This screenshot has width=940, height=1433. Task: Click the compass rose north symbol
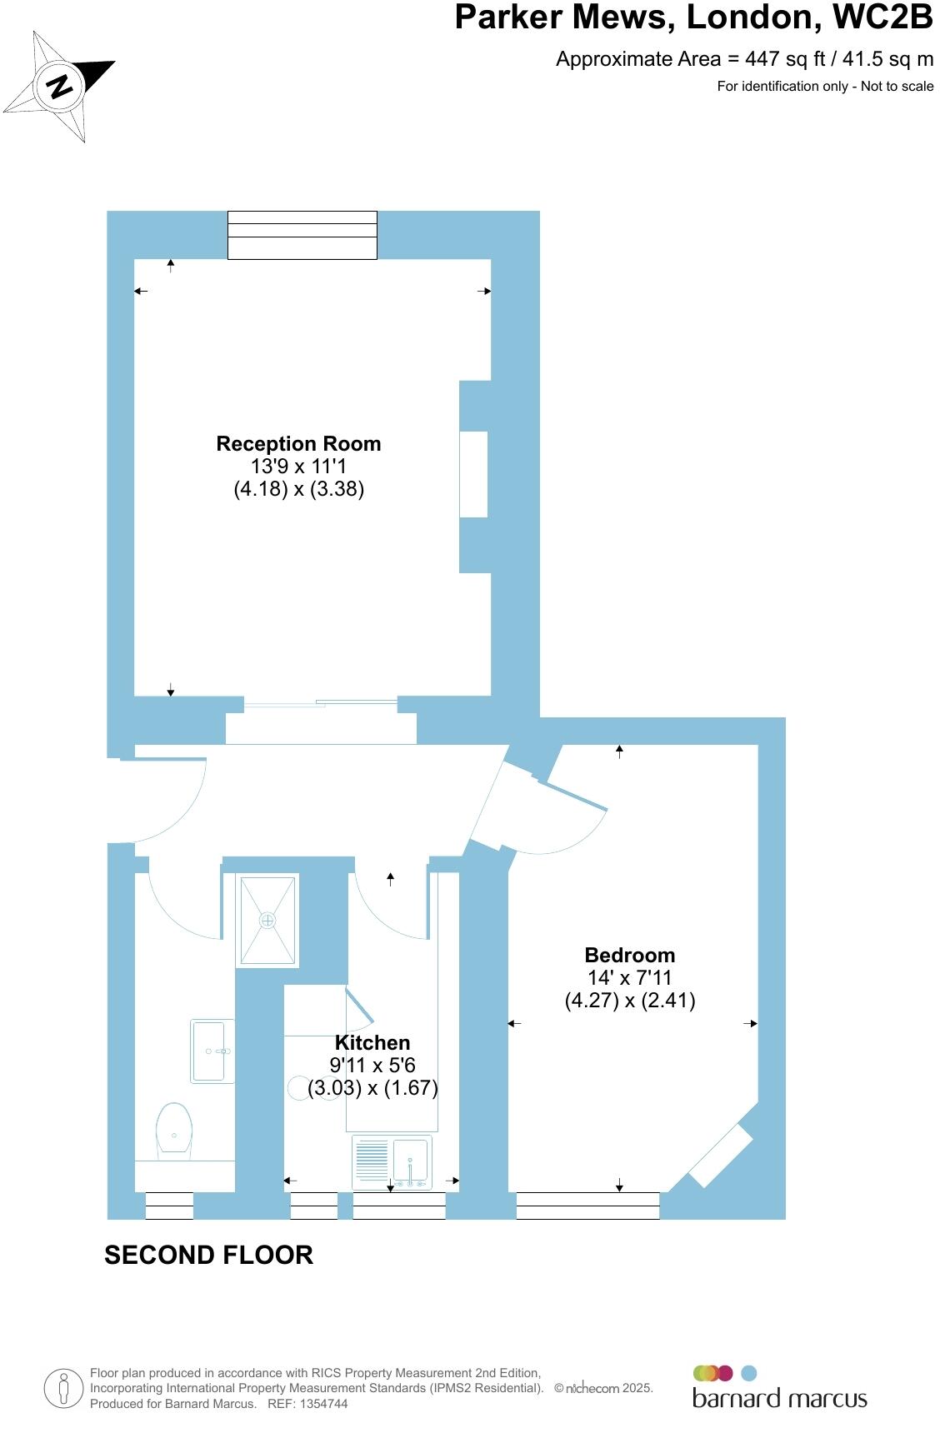(x=59, y=87)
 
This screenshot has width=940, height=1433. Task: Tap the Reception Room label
(x=298, y=444)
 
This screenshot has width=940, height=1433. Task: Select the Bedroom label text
(x=629, y=956)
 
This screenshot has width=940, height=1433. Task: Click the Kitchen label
(x=372, y=1043)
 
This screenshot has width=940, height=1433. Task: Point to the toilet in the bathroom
(x=174, y=1129)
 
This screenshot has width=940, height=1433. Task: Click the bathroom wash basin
(x=212, y=1051)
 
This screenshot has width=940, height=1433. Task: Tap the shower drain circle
(x=267, y=921)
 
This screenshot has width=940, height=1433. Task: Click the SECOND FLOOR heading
(x=208, y=1255)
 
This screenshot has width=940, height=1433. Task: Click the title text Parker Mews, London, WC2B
(x=692, y=17)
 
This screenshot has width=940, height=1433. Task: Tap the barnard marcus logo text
(x=779, y=1399)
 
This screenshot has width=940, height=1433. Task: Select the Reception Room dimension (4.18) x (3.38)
(x=298, y=489)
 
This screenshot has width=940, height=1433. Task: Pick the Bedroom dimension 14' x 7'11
(x=629, y=978)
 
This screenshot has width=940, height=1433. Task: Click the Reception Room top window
(x=302, y=236)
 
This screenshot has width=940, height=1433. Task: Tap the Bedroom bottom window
(x=587, y=1206)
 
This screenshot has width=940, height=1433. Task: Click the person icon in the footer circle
(x=63, y=1389)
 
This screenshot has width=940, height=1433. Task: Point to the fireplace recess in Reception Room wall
(x=474, y=475)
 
